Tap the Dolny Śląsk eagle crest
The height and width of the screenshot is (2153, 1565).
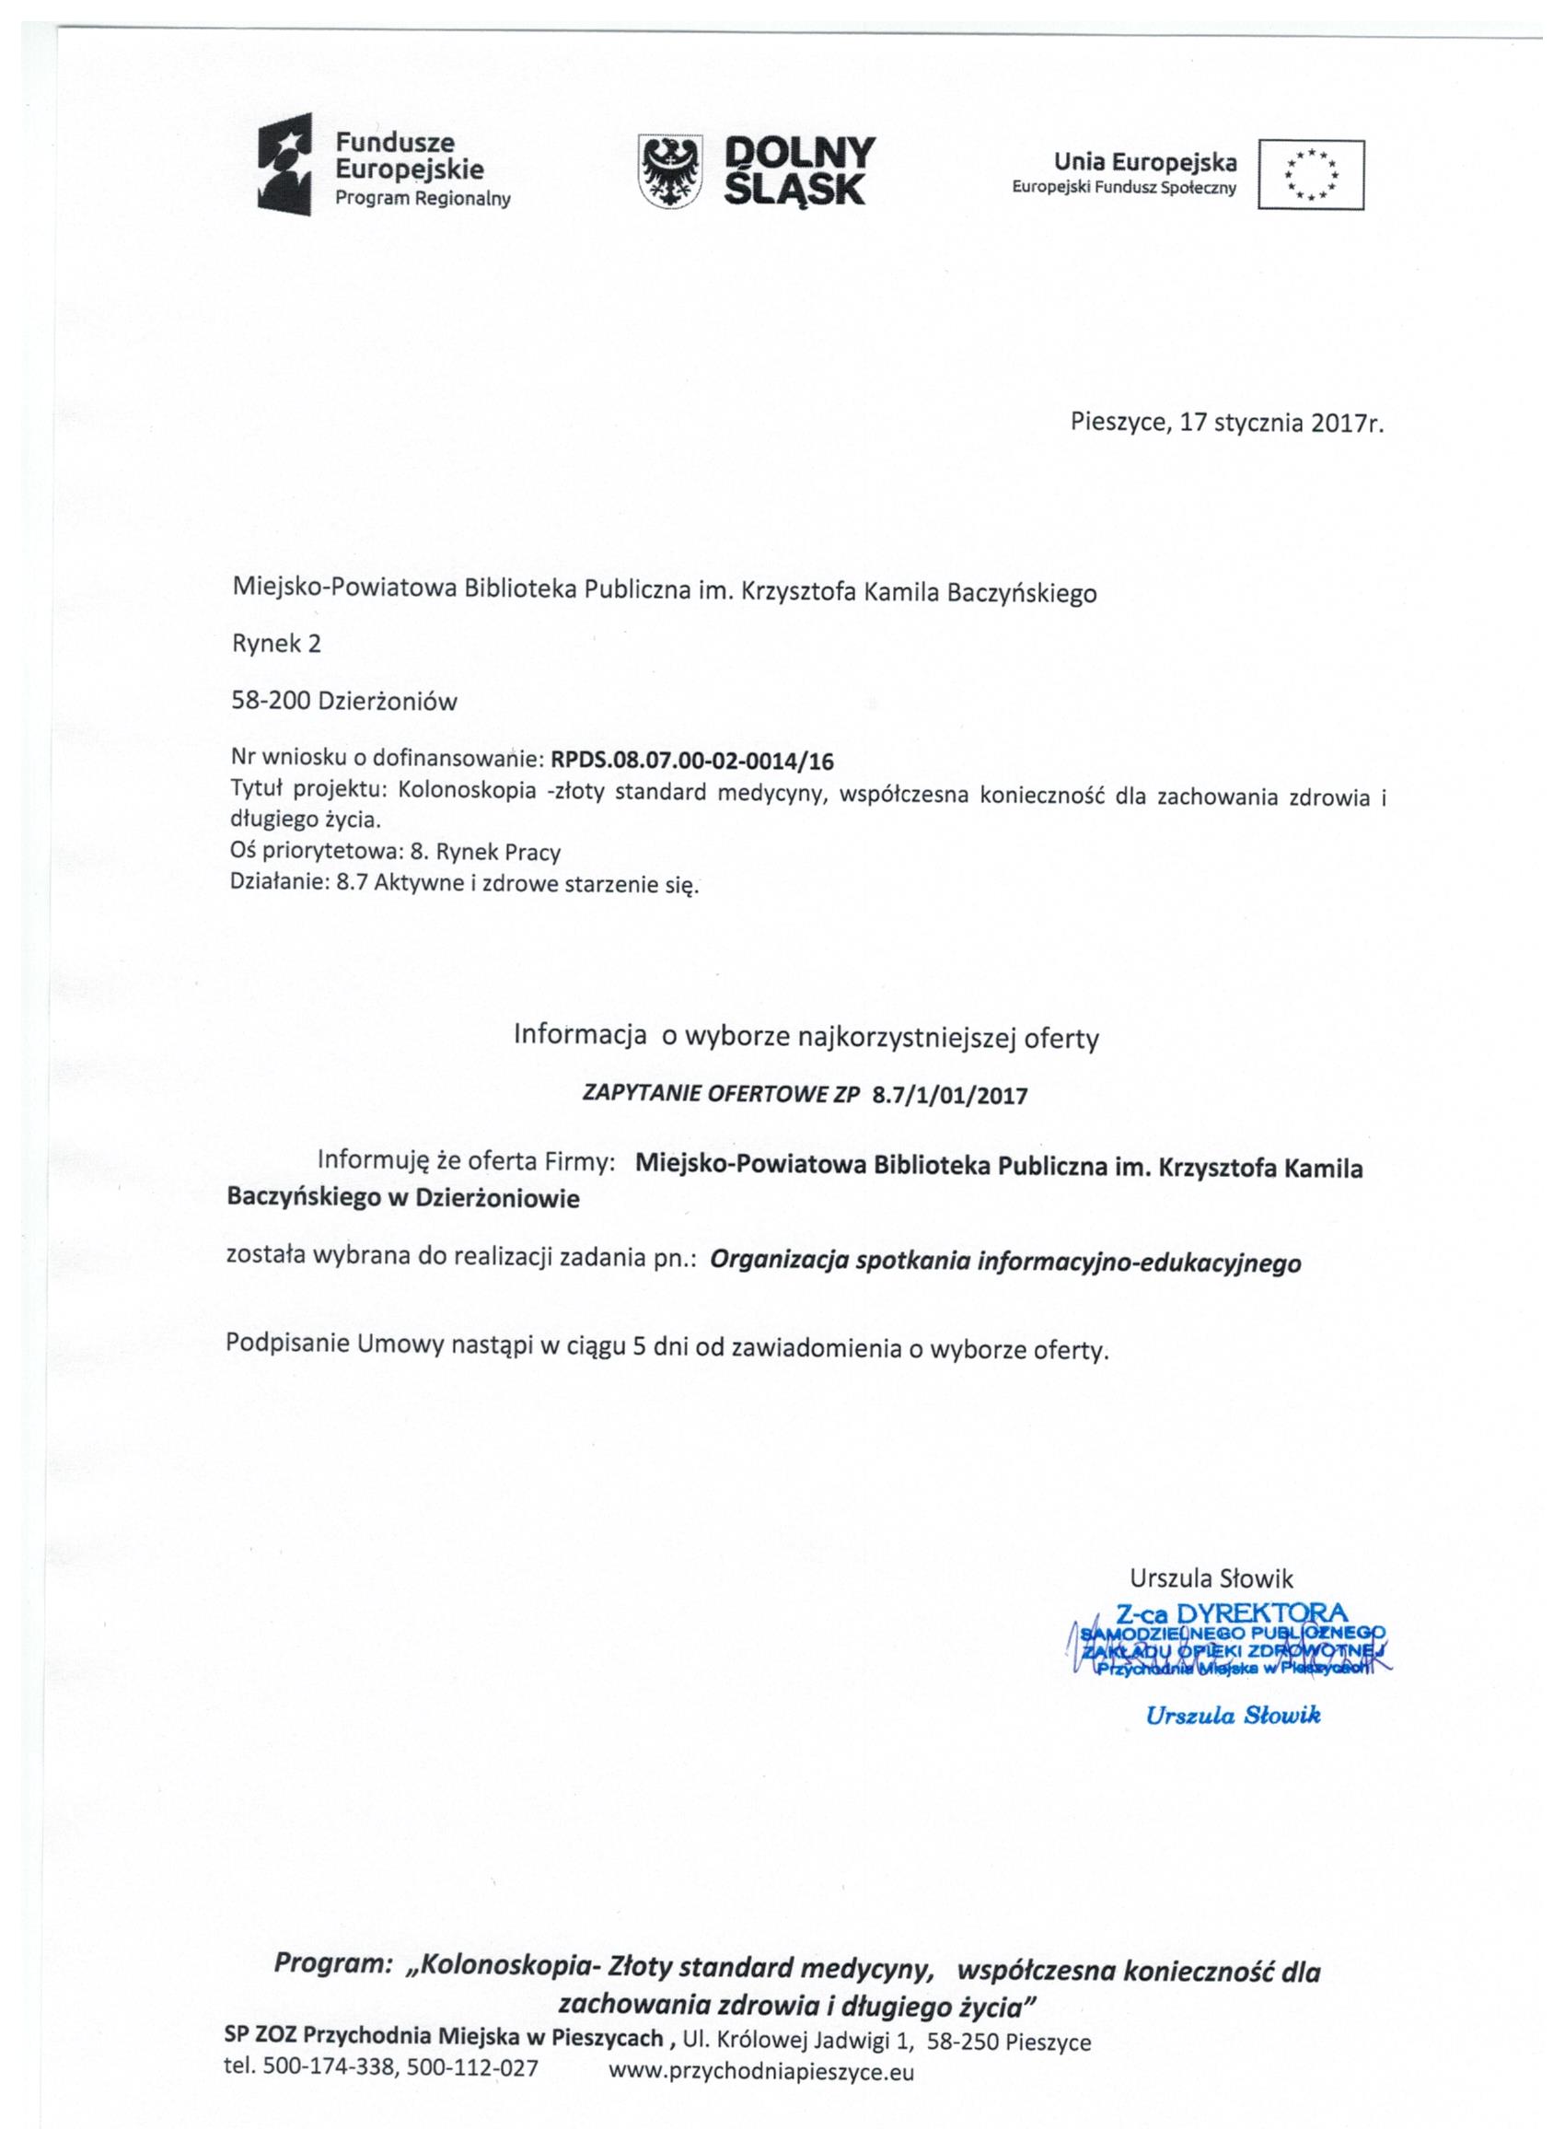pyautogui.click(x=671, y=172)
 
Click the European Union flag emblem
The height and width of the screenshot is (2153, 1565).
pyautogui.click(x=1311, y=175)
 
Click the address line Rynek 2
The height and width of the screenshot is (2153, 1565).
pyautogui.click(x=276, y=644)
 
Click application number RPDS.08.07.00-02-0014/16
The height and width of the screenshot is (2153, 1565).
pyautogui.click(x=692, y=760)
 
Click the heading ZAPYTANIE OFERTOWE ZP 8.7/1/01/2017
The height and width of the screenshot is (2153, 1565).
pyautogui.click(x=805, y=1095)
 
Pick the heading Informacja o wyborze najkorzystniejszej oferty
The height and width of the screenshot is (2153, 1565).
pyautogui.click(x=806, y=1037)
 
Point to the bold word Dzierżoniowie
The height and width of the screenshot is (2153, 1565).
pyautogui.click(x=497, y=1198)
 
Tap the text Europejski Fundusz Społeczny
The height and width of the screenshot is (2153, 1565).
pyautogui.click(x=1124, y=188)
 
